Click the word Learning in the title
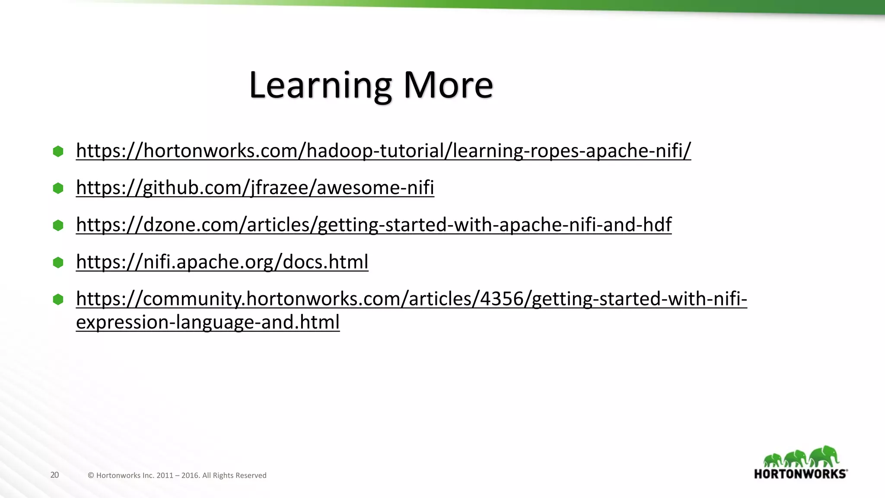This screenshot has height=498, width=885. (320, 86)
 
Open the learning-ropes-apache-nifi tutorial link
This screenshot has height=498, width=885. (383, 150)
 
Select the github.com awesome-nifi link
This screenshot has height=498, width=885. (255, 188)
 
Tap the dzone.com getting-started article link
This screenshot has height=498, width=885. (374, 225)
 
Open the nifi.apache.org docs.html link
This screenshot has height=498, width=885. (222, 262)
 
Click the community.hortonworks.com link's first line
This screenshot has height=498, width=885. (411, 299)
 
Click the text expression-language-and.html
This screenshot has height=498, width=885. (208, 322)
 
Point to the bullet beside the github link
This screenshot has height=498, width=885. (58, 188)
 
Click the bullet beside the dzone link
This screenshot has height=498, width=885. (58, 225)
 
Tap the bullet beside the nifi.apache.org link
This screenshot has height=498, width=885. (58, 262)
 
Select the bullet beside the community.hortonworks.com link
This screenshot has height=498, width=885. (58, 299)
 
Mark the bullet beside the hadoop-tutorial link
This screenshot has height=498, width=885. (58, 151)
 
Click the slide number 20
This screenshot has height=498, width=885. (54, 475)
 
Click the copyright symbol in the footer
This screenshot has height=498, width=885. (91, 476)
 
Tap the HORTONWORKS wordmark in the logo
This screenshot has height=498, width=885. (800, 474)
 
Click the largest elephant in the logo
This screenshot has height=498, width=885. (824, 456)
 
